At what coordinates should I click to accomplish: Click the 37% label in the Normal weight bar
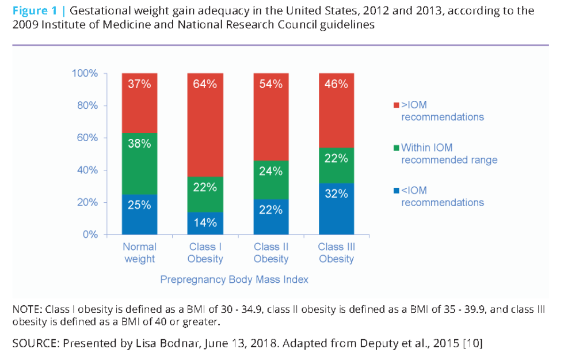pos(139,84)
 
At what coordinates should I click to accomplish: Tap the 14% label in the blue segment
pos(205,223)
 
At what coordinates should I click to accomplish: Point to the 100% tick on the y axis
pos(84,73)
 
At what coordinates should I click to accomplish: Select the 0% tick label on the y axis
pos(91,235)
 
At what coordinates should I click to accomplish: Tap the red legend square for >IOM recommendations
pos(395,105)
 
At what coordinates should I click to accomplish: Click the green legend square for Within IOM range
pos(395,148)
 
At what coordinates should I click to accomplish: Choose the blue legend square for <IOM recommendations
pos(395,191)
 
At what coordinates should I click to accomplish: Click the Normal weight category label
pos(139,253)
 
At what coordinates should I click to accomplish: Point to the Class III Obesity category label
pos(336,253)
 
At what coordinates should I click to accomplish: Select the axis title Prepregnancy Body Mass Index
pos(234,279)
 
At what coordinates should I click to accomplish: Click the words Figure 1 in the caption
pos(35,11)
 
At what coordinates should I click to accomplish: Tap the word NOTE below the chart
pos(26,309)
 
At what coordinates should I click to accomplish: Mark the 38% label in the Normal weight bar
pos(139,143)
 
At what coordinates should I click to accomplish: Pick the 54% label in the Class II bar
pos(270,84)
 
